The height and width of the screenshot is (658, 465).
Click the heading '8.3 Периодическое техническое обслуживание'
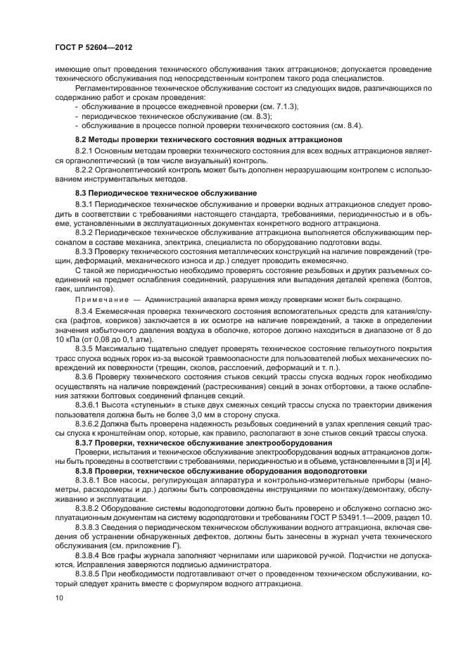[163, 192]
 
